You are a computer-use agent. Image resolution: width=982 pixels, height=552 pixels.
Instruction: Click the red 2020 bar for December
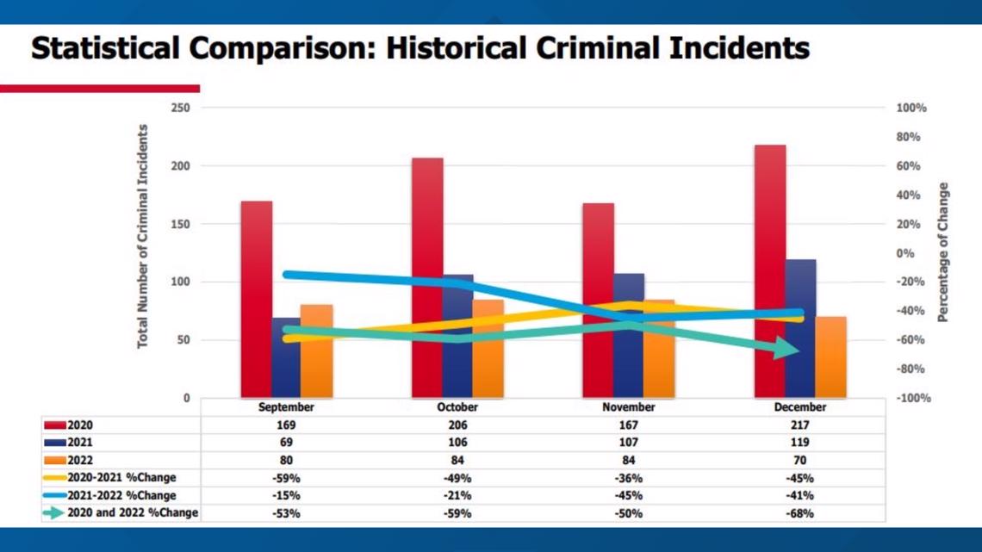point(770,271)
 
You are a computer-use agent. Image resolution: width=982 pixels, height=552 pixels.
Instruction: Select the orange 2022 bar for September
point(317,351)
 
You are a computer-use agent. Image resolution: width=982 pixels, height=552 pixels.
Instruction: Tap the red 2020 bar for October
point(427,278)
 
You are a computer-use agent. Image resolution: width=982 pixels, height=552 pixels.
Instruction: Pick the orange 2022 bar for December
point(831,357)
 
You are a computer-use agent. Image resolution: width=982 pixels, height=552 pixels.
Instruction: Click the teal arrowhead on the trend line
point(786,348)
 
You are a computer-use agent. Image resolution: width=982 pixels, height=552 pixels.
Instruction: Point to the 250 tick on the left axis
point(180,108)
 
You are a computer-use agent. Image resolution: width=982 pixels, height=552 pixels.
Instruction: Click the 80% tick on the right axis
point(908,137)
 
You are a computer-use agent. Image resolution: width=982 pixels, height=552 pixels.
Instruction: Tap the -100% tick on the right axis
point(913,398)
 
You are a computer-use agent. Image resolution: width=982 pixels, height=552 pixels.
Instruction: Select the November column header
point(628,406)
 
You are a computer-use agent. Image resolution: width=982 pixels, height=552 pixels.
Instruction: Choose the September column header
point(286,406)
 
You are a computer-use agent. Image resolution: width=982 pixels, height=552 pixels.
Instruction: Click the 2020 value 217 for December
point(799,425)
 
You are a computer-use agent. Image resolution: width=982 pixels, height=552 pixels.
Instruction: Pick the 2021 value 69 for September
point(286,442)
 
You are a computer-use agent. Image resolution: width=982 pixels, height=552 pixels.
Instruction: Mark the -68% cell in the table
point(799,513)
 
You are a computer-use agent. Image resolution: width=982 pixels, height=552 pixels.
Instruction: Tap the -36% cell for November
point(628,478)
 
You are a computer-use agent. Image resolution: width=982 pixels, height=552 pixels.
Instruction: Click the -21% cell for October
point(457,496)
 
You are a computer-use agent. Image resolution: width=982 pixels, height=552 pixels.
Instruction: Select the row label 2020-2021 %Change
point(121,478)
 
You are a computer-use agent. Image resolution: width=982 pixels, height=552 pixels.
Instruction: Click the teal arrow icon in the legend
point(54,512)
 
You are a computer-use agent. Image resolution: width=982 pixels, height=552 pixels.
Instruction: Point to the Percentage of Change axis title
point(943,252)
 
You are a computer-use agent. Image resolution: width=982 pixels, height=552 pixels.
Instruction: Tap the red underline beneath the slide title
point(100,88)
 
